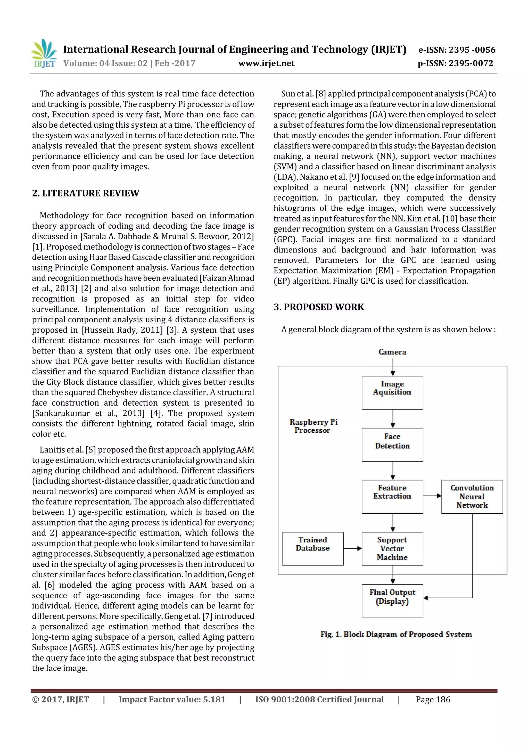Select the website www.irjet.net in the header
(266, 63)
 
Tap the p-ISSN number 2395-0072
(456, 63)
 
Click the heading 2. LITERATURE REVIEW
(86, 193)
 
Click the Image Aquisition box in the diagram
(392, 392)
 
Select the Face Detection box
(392, 445)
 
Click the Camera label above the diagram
(392, 352)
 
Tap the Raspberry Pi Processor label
(313, 426)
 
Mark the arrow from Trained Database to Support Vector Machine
(352, 548)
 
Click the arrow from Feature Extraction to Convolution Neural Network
(432, 496)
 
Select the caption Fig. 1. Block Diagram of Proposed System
(396, 634)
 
